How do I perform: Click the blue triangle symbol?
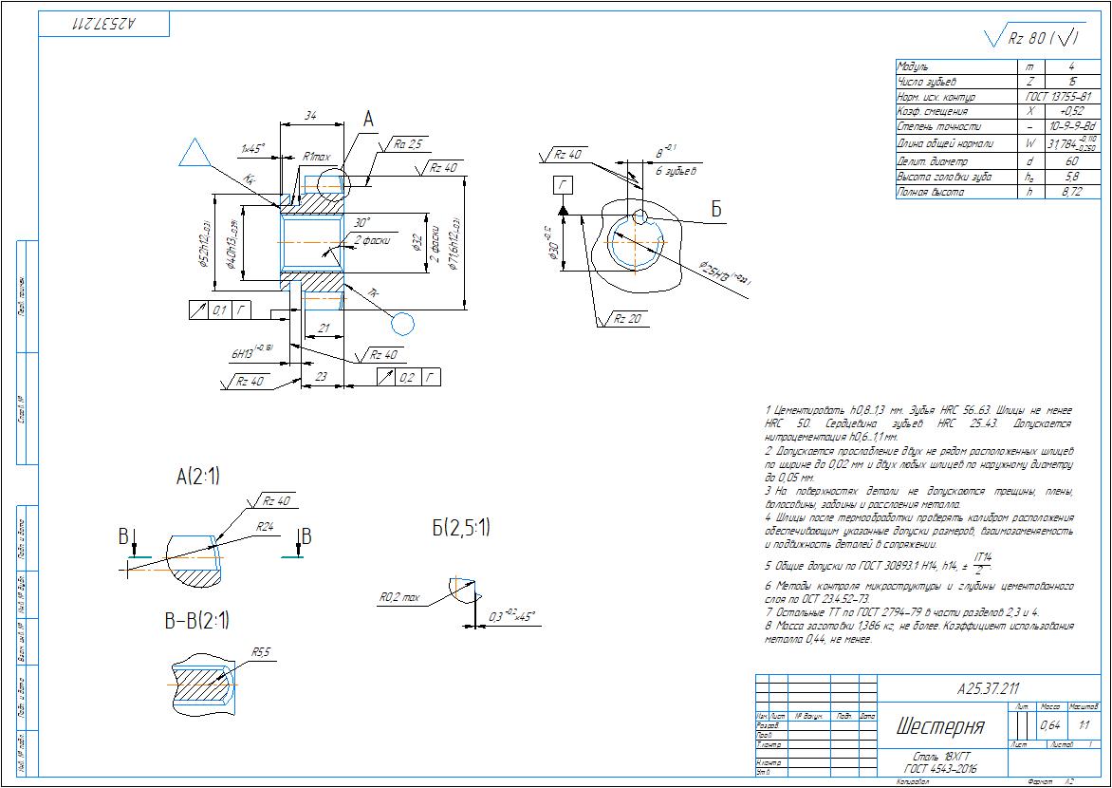195,155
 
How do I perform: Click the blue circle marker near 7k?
403,324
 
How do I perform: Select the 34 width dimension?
310,115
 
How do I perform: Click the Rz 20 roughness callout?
626,319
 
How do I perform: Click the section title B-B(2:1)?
197,621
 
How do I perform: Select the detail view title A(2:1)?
197,478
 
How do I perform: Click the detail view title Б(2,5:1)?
461,529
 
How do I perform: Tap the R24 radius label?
266,525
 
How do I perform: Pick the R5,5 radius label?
262,652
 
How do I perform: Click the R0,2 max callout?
399,598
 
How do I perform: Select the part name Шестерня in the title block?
939,727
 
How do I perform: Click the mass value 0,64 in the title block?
1050,725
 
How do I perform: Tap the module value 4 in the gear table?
1071,67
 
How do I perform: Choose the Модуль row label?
916,67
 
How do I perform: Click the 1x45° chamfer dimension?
252,147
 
